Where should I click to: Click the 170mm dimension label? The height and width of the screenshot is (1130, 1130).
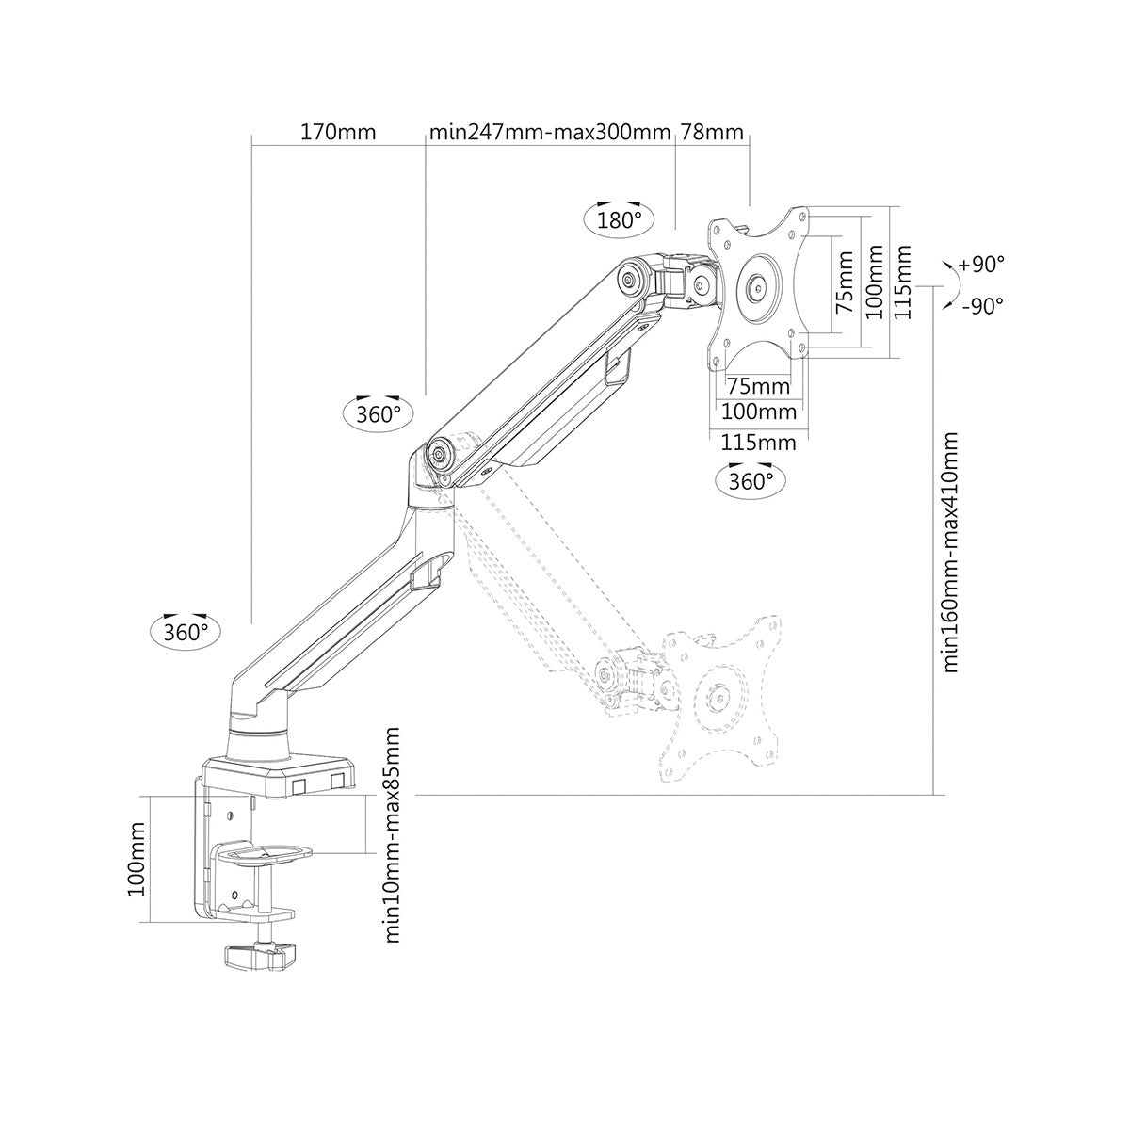(337, 132)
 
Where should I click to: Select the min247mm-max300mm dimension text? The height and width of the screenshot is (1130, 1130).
(550, 132)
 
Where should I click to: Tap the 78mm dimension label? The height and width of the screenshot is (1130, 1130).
(712, 132)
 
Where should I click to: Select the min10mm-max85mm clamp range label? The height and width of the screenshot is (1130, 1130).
(394, 834)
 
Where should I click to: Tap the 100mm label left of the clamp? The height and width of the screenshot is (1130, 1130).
(137, 859)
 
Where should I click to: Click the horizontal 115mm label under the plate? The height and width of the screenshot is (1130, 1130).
(759, 442)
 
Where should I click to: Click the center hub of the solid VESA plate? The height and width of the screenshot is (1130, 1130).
(759, 287)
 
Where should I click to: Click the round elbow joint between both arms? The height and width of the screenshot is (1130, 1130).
(440, 452)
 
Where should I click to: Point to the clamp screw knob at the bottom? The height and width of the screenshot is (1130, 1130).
(255, 957)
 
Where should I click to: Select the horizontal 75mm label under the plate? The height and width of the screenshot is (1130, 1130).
(759, 386)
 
